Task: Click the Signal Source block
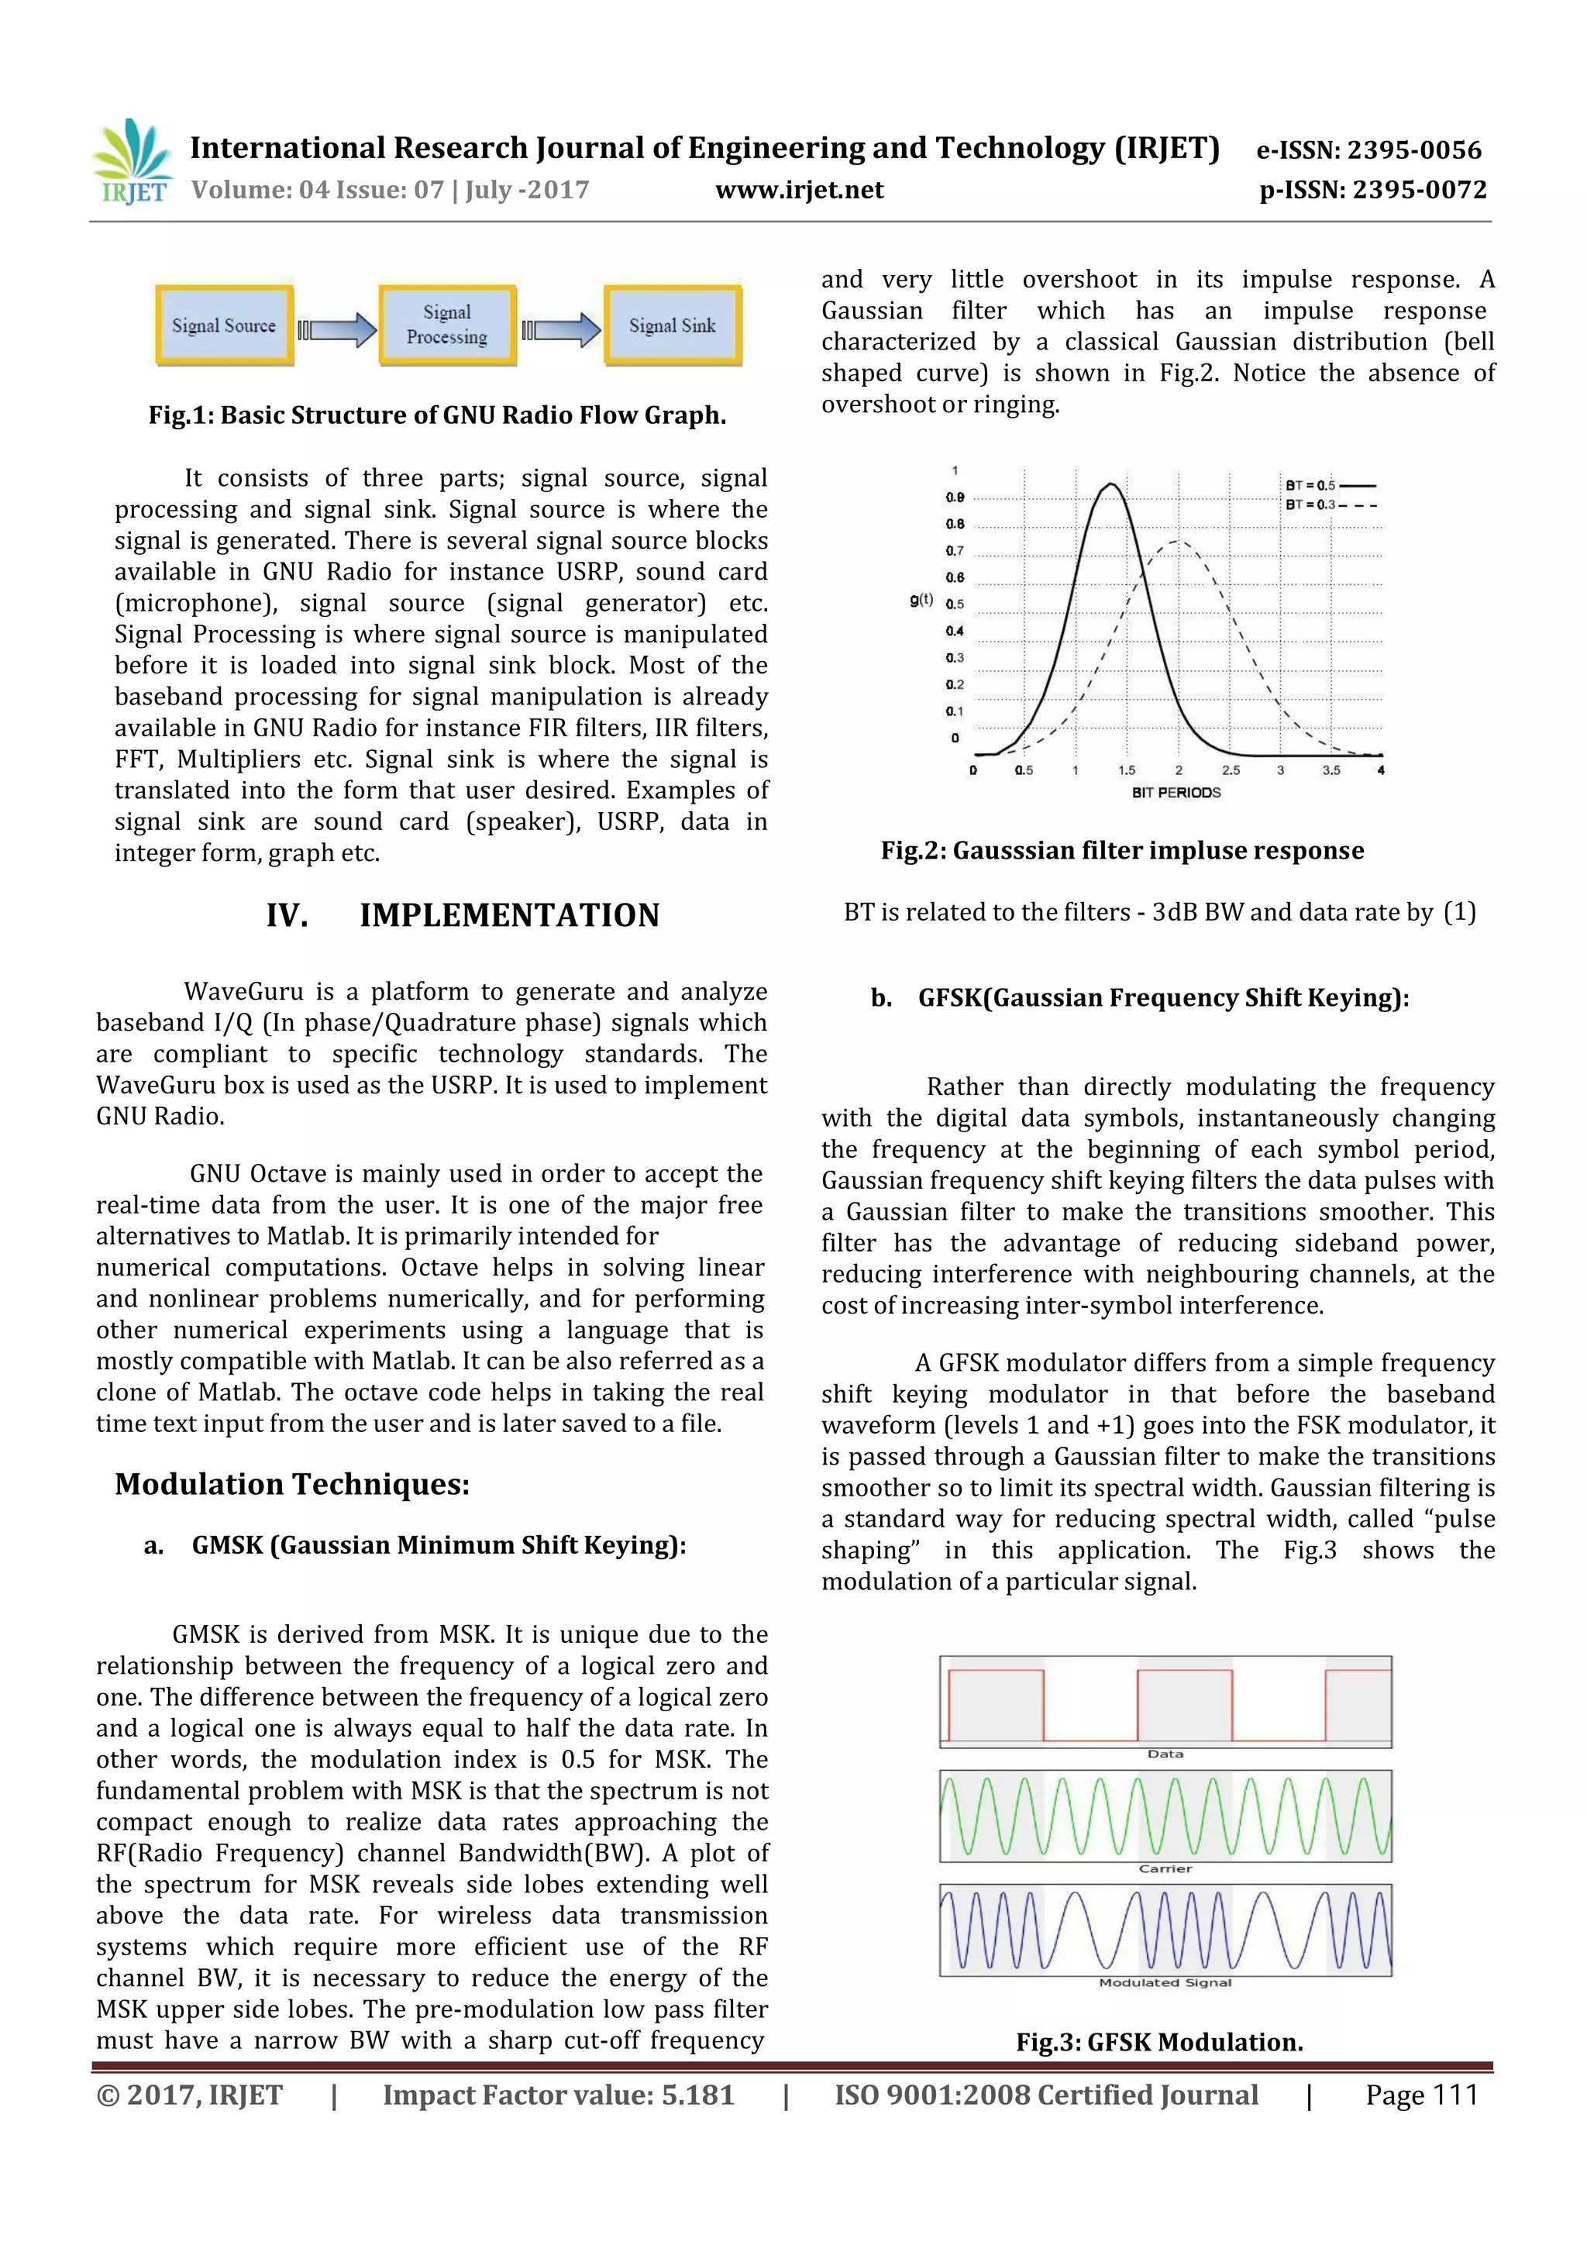click(224, 325)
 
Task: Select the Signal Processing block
click(447, 325)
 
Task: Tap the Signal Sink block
click(672, 325)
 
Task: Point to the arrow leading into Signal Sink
click(563, 330)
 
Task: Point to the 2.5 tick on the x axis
click(1230, 770)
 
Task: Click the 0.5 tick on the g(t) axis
click(955, 604)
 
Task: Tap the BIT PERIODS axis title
click(1176, 793)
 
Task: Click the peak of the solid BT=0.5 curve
click(1110, 484)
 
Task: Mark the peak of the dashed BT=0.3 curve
click(1179, 541)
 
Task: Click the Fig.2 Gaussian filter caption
click(1121, 851)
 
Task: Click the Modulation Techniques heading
click(292, 1484)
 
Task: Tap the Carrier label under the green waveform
click(1165, 1868)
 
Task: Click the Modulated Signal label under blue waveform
click(1165, 1983)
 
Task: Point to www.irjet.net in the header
click(799, 190)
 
